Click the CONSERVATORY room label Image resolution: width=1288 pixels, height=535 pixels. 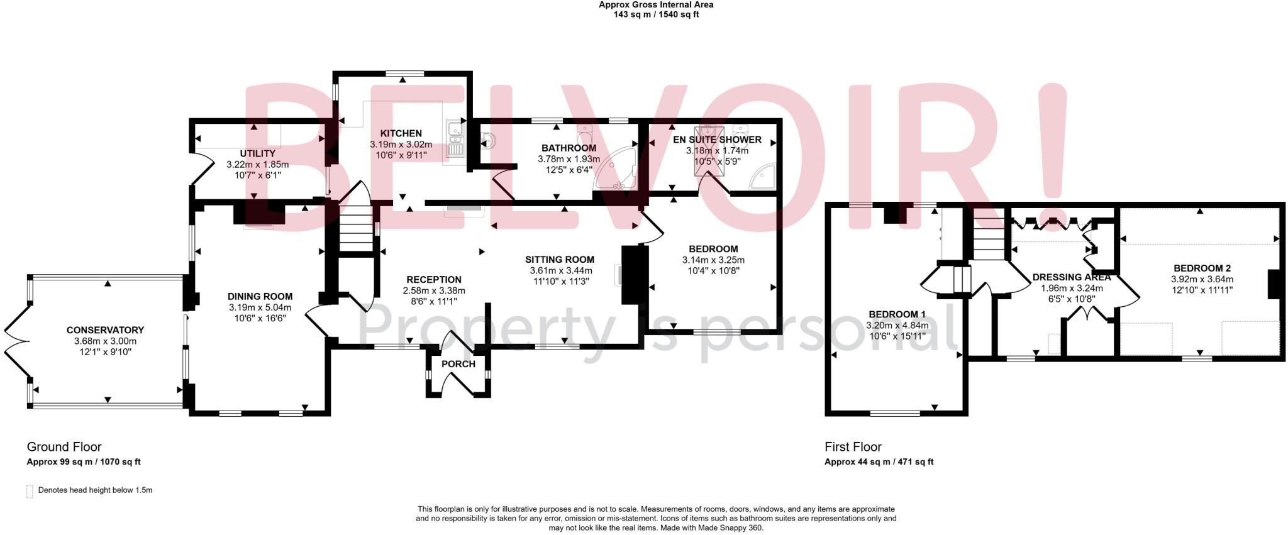pos(105,330)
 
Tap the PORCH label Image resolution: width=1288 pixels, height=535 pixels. pos(458,364)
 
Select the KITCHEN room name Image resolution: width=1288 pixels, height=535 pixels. pos(401,133)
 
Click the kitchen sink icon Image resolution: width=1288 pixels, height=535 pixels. pos(454,139)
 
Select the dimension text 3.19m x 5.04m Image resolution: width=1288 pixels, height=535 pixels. pos(260,307)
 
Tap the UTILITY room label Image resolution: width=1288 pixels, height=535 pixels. pos(257,153)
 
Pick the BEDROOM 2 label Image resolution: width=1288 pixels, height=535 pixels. pos(1201,268)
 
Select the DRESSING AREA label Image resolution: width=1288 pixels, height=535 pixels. pos(1072,277)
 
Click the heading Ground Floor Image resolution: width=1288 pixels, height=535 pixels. pos(64,447)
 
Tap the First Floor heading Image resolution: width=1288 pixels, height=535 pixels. pos(853,447)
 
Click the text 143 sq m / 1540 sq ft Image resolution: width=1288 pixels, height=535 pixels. pos(656,14)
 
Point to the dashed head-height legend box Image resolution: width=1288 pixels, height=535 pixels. pos(30,491)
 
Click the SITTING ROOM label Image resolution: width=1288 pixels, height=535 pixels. pos(560,259)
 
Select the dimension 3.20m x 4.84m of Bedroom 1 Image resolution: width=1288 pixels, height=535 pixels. pos(897,325)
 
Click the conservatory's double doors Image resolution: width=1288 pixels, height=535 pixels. pos(15,342)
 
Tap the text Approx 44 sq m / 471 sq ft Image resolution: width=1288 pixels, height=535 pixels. pos(879,461)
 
